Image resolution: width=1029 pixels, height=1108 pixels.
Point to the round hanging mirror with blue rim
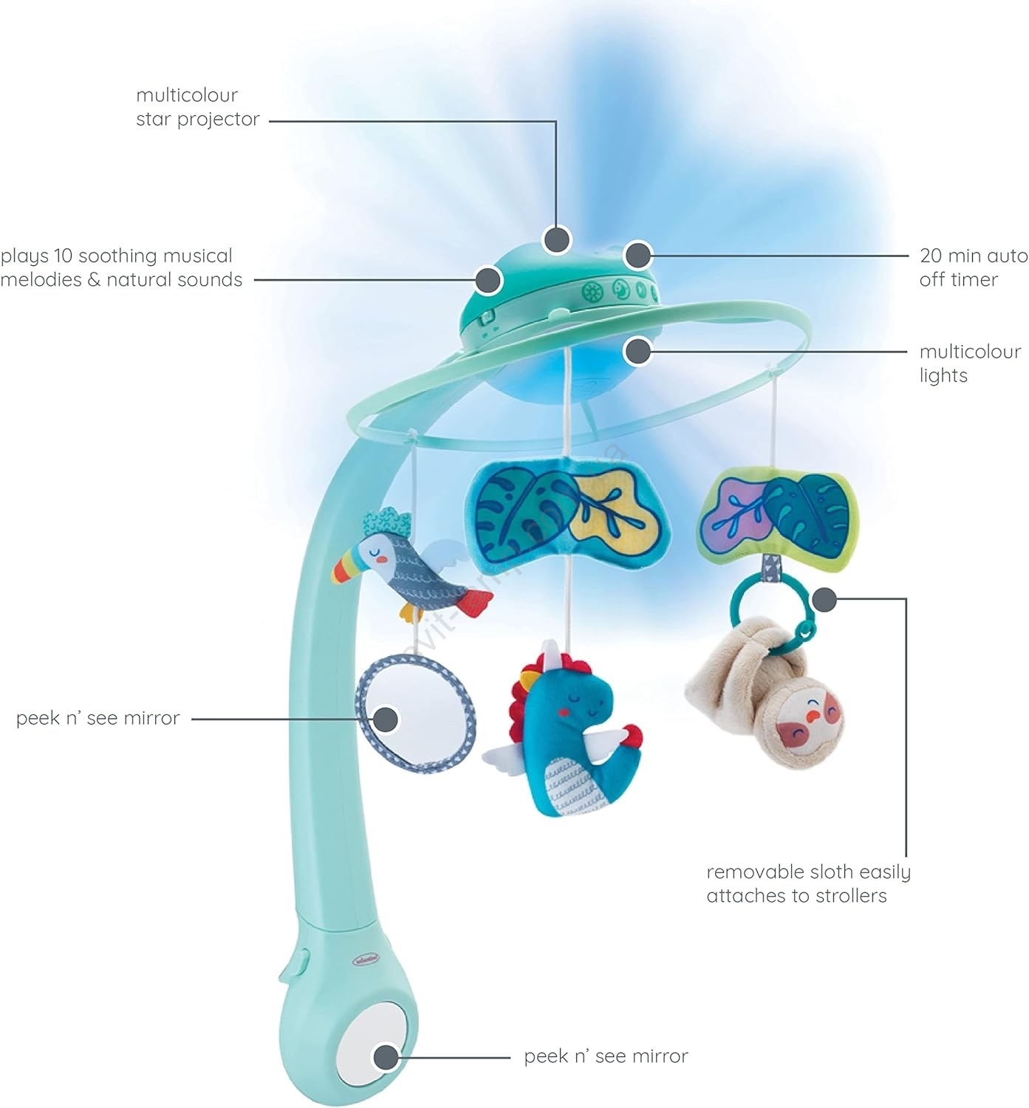[415, 707]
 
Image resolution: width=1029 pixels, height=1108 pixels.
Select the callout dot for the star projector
[557, 239]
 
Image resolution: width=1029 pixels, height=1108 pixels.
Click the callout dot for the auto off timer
[638, 256]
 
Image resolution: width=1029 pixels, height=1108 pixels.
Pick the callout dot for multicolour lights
[638, 351]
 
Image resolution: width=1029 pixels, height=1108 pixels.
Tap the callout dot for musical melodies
[488, 280]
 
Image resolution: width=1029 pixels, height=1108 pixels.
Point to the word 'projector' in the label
[219, 120]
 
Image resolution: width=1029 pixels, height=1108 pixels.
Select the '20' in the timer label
[931, 256]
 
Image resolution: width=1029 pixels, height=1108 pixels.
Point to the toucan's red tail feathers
[476, 603]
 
